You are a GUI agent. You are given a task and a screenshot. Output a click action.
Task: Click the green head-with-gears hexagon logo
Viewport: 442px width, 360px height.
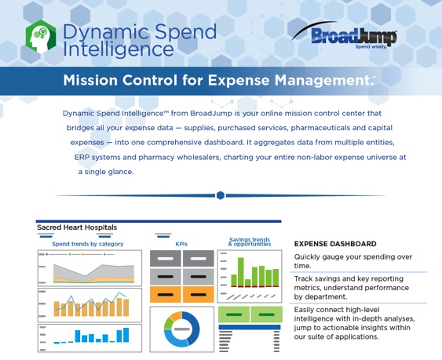(41, 37)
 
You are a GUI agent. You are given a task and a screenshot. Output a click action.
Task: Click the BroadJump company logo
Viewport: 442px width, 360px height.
(345, 35)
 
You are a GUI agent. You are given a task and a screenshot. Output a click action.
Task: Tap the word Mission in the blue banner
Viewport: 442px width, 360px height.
(90, 80)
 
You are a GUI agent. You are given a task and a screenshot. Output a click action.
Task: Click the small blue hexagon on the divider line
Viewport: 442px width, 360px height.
(221, 195)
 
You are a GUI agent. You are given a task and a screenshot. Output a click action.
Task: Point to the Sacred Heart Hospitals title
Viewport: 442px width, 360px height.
(77, 227)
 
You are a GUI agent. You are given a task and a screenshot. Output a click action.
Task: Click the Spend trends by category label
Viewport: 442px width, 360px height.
(88, 244)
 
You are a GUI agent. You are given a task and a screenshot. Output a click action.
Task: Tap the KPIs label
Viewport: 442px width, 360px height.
(181, 244)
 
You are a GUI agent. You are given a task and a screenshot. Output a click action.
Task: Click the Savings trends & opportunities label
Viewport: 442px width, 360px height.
(250, 242)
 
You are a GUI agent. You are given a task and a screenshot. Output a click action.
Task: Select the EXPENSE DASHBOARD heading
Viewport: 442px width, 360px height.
(335, 244)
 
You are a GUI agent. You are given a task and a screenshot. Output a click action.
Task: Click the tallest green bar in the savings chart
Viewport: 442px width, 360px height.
(241, 272)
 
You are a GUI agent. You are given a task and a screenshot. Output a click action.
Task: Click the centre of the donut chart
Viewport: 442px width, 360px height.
(182, 329)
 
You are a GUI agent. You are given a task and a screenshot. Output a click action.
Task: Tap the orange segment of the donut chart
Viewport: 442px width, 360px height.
(176, 316)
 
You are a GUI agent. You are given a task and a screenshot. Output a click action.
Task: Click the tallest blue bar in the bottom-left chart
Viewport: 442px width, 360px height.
(126, 335)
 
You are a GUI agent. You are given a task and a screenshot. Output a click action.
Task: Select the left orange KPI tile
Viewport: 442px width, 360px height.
(165, 295)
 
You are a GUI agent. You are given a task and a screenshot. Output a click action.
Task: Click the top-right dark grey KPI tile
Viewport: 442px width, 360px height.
(199, 258)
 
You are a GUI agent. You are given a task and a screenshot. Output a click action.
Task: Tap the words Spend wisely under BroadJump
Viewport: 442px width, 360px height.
(371, 47)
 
